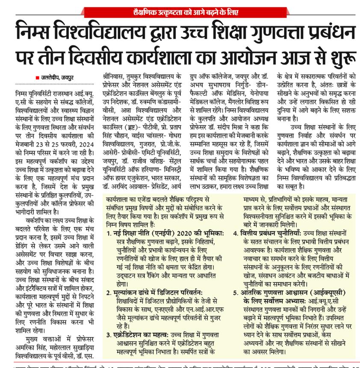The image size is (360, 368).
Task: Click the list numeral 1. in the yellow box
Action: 110,233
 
